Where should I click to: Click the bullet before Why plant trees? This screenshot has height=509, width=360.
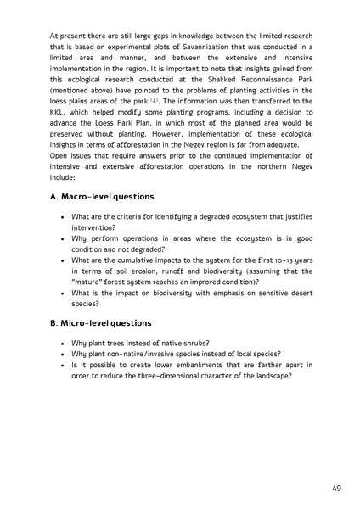(63, 344)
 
